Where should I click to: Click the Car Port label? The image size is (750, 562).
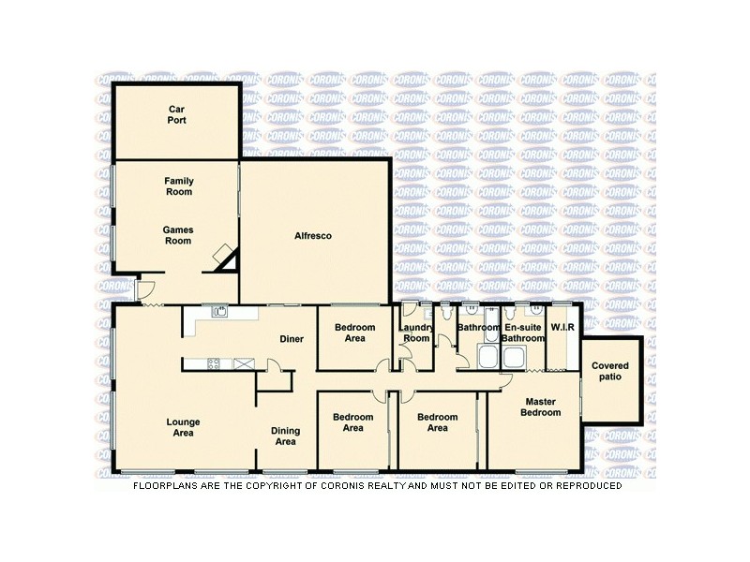[177, 114]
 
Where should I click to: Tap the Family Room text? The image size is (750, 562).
[177, 185]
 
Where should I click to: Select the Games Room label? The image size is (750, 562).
[177, 234]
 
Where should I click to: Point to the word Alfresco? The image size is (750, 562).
[314, 235]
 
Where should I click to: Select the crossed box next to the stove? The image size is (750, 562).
[244, 363]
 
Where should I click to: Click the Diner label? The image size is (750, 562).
[292, 339]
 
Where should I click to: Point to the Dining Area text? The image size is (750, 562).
[285, 436]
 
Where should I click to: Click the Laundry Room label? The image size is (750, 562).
[415, 333]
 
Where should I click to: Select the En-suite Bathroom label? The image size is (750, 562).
[522, 333]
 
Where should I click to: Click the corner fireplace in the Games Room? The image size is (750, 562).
[225, 258]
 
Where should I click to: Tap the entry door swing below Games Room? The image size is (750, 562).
[144, 289]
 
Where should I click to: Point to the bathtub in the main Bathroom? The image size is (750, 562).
[488, 357]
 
